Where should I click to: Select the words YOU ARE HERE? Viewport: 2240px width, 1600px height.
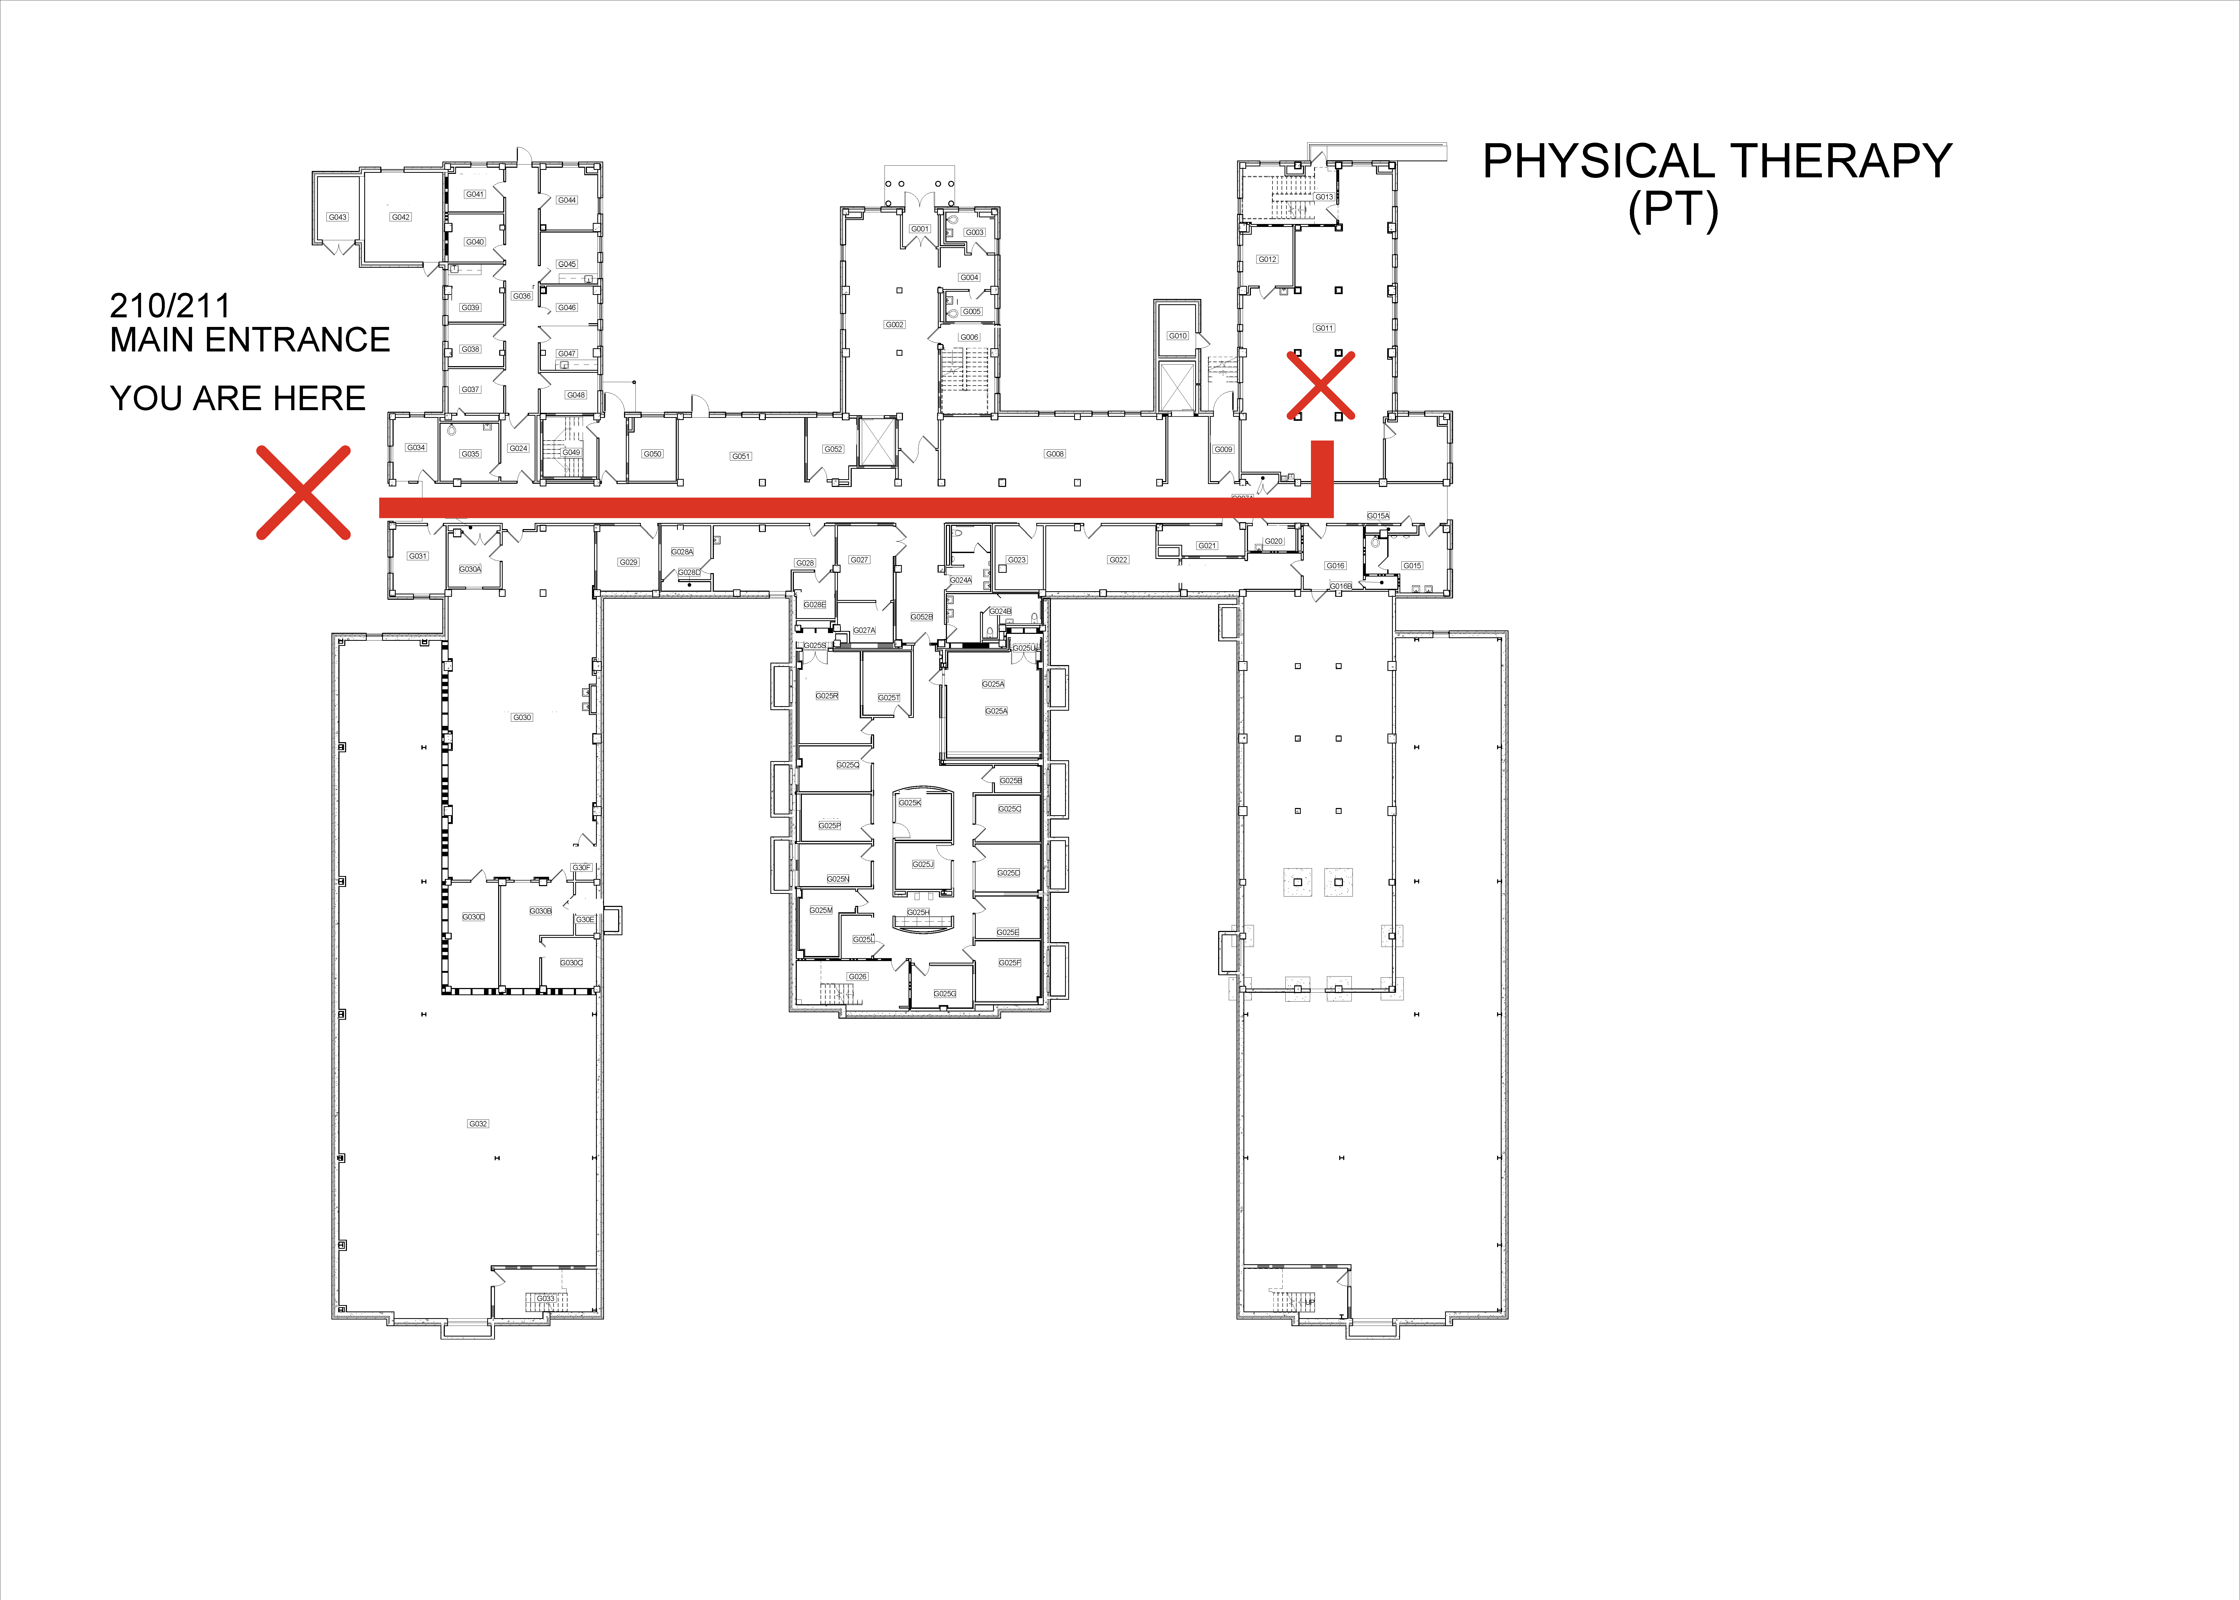(x=237, y=398)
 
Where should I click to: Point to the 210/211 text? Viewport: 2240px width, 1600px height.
(x=169, y=305)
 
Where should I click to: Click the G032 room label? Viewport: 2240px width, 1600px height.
(x=478, y=1123)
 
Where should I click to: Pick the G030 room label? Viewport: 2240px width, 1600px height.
(x=522, y=717)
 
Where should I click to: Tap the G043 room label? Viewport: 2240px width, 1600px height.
(x=338, y=217)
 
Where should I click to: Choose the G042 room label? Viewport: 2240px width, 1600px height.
(x=400, y=217)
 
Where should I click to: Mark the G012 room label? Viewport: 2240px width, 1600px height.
(x=1267, y=259)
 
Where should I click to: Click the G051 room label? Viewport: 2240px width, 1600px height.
(x=741, y=456)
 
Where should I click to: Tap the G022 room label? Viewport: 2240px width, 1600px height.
(x=1118, y=560)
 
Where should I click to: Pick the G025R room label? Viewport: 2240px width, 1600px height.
(x=826, y=695)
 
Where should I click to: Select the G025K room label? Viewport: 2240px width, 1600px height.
(x=909, y=803)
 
